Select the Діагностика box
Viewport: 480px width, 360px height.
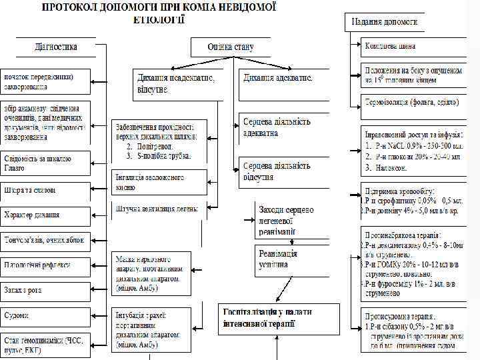coord(57,47)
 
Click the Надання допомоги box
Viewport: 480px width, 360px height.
coord(384,21)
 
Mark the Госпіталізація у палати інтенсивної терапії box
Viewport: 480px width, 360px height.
coord(279,318)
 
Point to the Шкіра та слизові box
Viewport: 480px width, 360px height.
coord(44,190)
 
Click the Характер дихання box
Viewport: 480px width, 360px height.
coord(44,215)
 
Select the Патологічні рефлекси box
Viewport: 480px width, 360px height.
coord(44,265)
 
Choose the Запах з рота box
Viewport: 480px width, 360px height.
coord(44,291)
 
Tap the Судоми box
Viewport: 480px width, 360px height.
coord(44,315)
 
